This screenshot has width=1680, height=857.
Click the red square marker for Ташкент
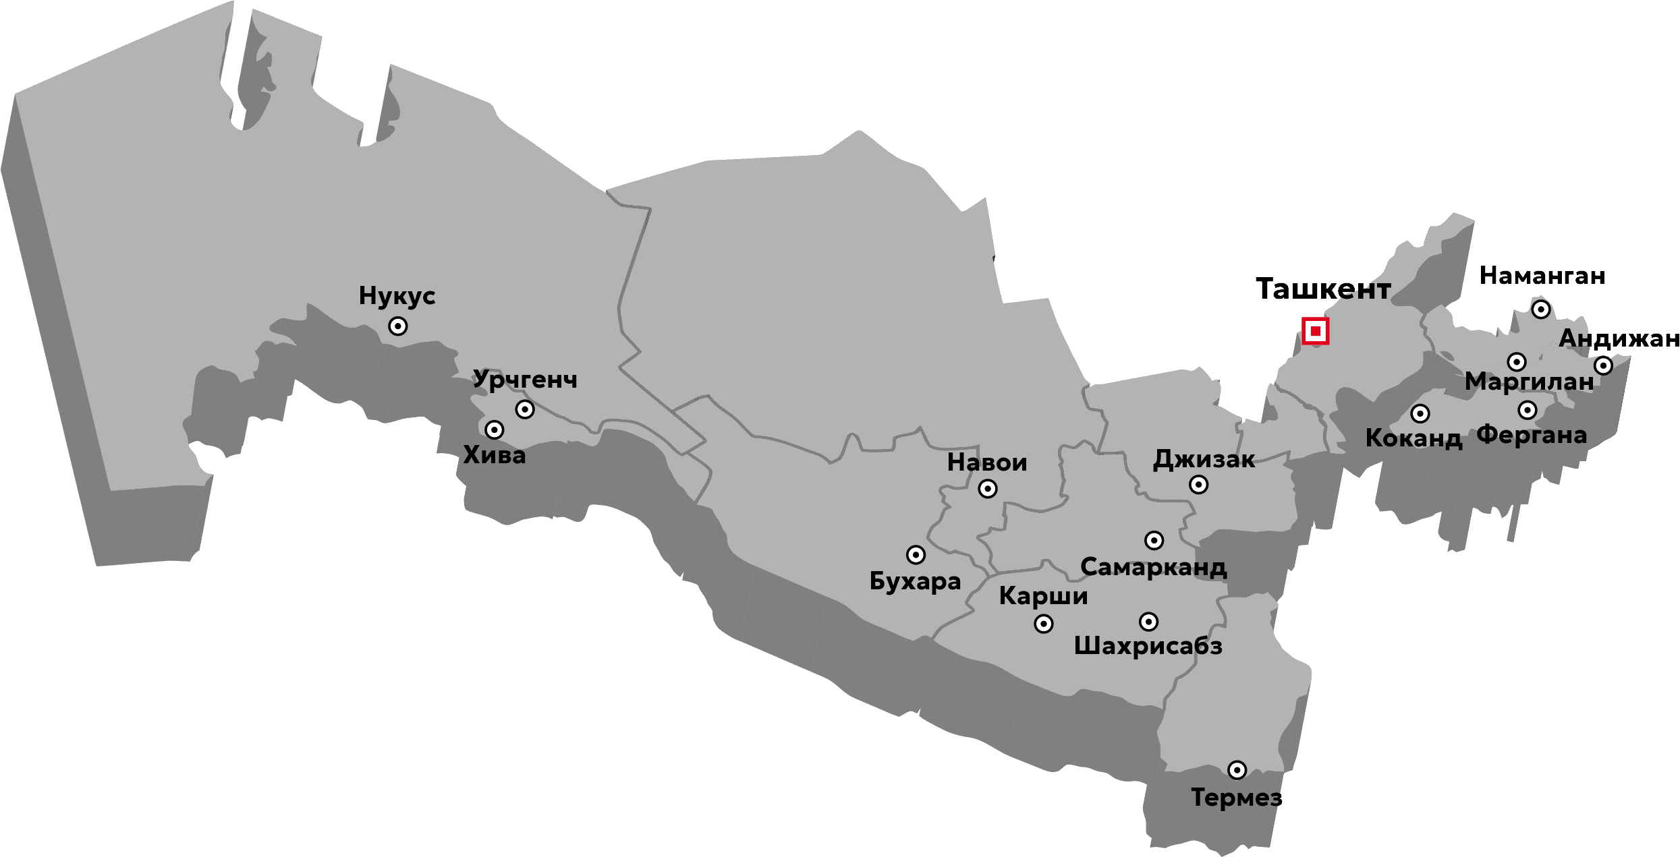tap(1315, 331)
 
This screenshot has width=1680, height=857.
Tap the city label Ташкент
tap(1323, 289)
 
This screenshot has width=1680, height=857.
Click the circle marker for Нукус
tap(398, 326)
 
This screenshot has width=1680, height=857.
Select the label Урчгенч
tap(525, 380)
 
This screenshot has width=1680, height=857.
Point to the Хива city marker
tap(495, 430)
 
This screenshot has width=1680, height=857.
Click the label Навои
tap(987, 463)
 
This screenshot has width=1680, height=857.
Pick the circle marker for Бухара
tap(916, 555)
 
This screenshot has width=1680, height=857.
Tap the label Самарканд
tap(1153, 568)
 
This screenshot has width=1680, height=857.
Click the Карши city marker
tap(1044, 624)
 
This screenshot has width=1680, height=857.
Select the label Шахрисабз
tap(1148, 647)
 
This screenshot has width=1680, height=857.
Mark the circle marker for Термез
tap(1237, 770)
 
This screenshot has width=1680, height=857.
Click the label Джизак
tap(1204, 460)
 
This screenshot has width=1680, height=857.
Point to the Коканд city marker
tap(1420, 413)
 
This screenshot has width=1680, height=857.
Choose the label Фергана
tap(1532, 436)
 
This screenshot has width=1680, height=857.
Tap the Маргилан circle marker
tap(1517, 362)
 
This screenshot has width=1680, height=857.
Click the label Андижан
tap(1619, 338)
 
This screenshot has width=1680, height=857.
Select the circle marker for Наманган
tap(1541, 309)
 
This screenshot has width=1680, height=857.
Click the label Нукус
tap(397, 296)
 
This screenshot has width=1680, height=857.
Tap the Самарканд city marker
tap(1154, 540)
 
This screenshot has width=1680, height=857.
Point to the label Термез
tap(1236, 798)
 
